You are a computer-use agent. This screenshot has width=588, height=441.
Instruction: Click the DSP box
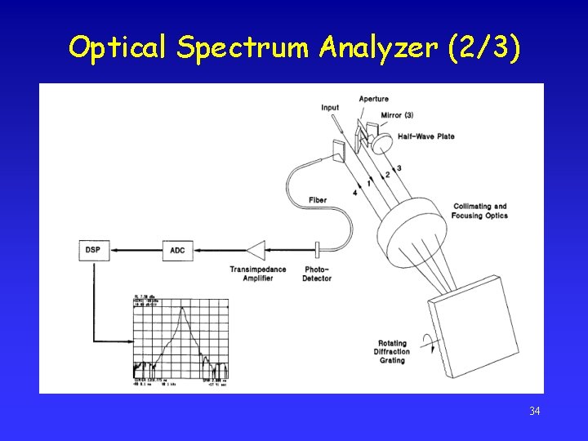(92, 249)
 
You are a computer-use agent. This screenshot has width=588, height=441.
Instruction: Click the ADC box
(177, 250)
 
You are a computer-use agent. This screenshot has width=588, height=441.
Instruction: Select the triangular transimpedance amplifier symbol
(256, 250)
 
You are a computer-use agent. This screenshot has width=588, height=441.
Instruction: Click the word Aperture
(374, 100)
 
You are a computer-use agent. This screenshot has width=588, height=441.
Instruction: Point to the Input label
(330, 108)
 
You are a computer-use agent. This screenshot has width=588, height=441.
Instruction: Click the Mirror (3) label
(397, 115)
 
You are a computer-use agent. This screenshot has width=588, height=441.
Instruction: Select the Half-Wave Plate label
(426, 136)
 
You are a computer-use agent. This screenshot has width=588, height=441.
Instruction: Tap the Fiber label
(318, 201)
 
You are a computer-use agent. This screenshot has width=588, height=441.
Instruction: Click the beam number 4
(355, 192)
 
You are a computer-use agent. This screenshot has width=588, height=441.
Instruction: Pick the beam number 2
(388, 173)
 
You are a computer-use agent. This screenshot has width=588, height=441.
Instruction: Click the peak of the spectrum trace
(182, 307)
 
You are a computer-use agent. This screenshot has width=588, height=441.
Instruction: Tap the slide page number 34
(534, 411)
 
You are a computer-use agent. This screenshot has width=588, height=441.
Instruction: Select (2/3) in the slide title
(483, 48)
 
